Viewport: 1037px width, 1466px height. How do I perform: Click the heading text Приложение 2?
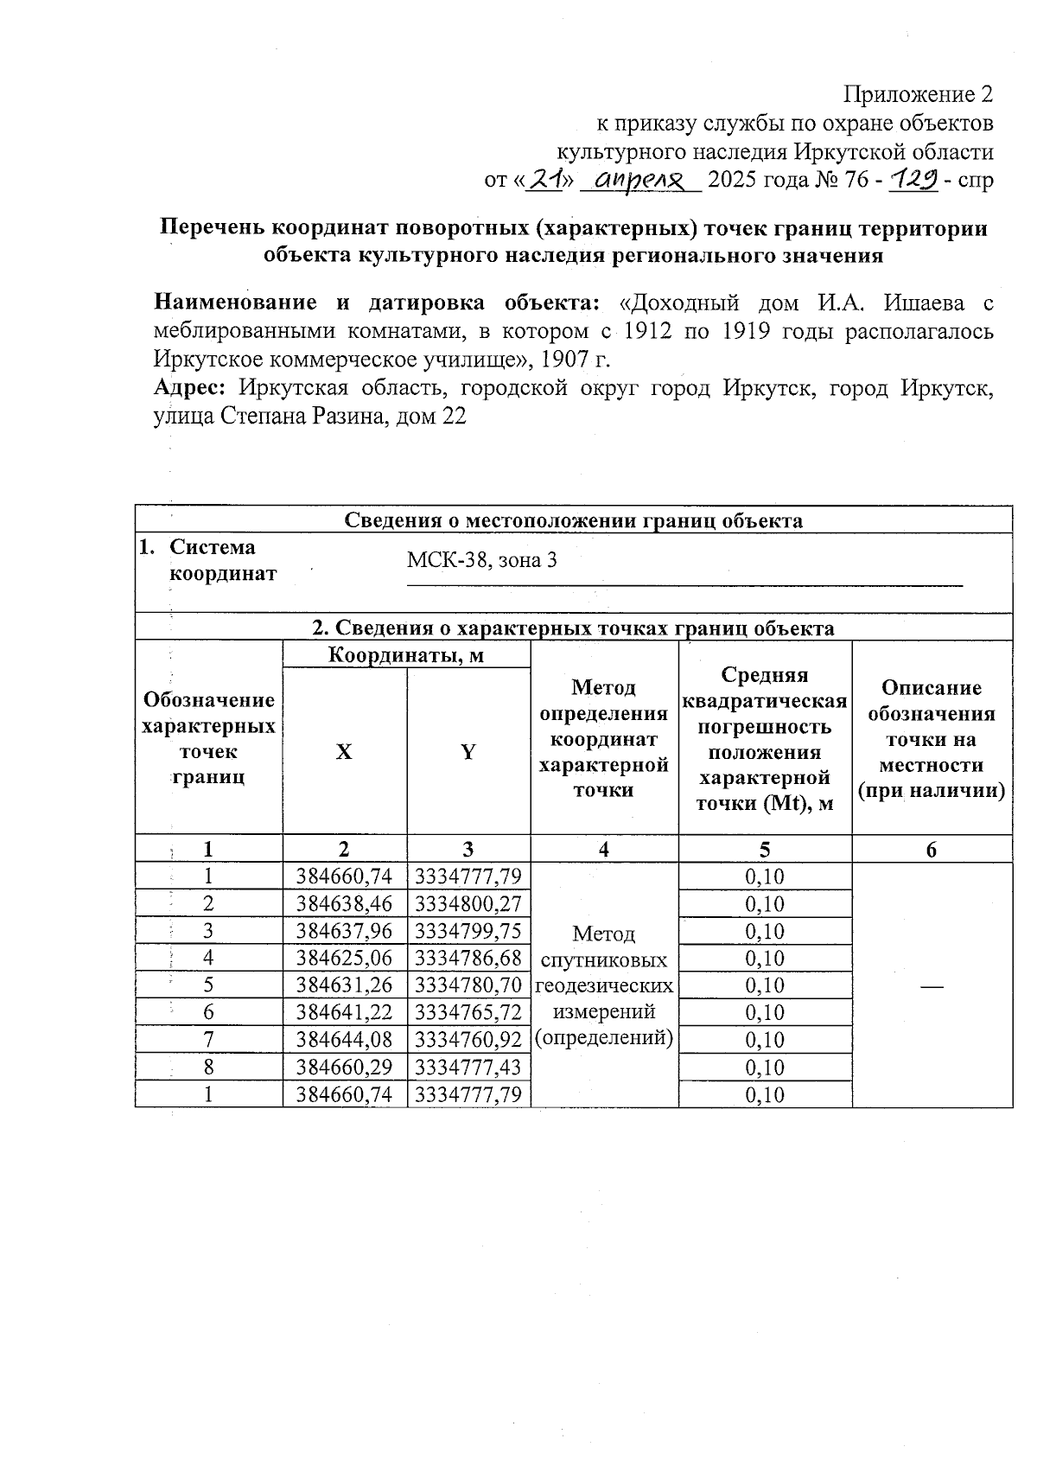(x=918, y=94)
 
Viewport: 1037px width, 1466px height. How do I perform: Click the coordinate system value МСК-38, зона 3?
(x=482, y=560)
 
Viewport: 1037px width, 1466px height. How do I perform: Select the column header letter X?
(x=344, y=752)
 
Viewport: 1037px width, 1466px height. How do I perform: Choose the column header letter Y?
(x=468, y=752)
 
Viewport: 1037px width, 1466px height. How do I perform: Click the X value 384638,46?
(x=344, y=904)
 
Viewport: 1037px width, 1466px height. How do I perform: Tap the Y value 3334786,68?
(x=468, y=959)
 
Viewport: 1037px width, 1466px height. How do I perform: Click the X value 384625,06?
(x=344, y=959)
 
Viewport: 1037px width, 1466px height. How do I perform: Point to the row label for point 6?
(x=208, y=1013)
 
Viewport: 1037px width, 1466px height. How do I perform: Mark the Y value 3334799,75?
(x=468, y=932)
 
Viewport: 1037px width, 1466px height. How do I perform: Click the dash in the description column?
(x=931, y=986)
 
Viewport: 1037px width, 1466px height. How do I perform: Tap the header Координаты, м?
(x=406, y=655)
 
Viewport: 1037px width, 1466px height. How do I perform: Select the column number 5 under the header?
(x=765, y=850)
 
